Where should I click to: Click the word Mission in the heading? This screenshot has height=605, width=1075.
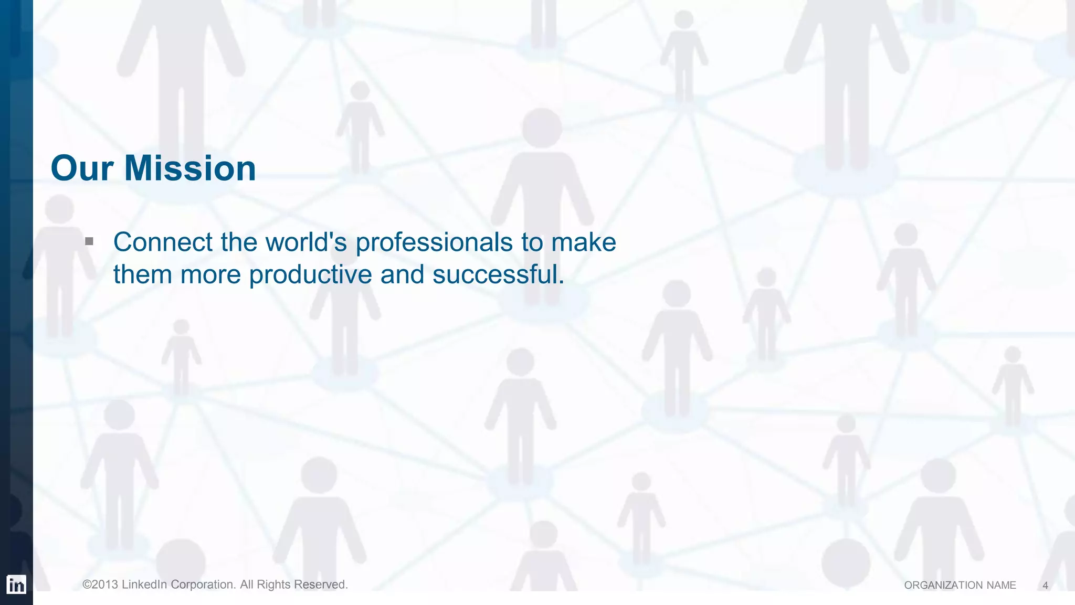coord(190,168)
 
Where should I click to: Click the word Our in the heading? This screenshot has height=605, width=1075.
coord(82,168)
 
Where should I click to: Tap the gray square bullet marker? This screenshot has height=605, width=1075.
coord(89,241)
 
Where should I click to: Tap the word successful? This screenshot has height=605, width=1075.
coord(498,274)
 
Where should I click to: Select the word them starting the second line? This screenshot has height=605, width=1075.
coord(143,274)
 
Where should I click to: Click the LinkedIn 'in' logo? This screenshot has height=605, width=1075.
coord(16,585)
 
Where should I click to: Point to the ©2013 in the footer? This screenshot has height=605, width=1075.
coord(100,585)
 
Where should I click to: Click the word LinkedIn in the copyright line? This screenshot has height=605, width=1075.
coord(144,585)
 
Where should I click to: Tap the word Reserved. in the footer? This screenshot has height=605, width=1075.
coord(321,585)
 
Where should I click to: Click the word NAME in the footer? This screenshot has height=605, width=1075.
coord(1001,586)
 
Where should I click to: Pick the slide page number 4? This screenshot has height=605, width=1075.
coord(1045,586)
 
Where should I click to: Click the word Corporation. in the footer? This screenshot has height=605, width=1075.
coord(204,585)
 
